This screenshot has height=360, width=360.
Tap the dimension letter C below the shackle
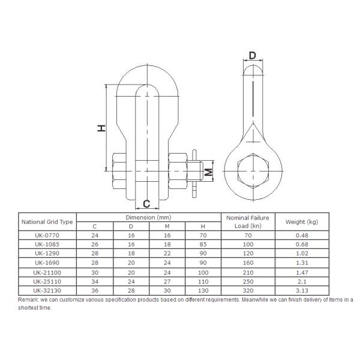pos(146,203)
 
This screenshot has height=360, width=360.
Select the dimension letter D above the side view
pos(252,56)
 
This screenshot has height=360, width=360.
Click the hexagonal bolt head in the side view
pos(251,172)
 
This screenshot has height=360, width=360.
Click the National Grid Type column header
pos(47,221)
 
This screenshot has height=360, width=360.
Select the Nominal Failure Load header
pos(247,221)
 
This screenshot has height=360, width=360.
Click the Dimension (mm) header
pos(149,217)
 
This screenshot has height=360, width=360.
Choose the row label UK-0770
pos(47,235)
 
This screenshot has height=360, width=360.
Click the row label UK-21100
pos(47,272)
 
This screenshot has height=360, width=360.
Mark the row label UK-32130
pos(47,290)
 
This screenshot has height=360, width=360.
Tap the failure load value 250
pos(247,281)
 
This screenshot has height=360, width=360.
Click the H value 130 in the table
pos(203,290)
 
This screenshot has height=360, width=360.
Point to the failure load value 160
pos(247,263)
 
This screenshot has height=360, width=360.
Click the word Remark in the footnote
pos(29,299)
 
